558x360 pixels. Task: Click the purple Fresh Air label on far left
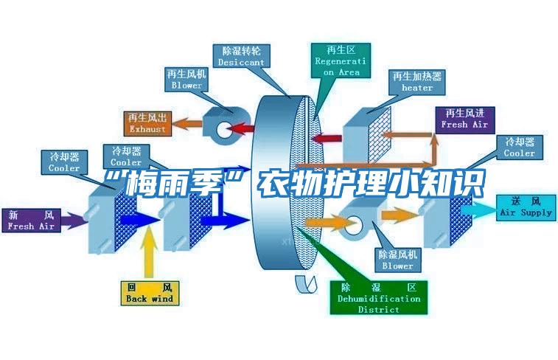31,220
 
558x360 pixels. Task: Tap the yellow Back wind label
149,292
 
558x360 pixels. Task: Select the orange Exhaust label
147,122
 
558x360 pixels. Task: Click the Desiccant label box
241,57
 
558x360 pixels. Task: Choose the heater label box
417,82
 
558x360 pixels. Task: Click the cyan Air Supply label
526,207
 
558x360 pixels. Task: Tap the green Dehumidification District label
379,297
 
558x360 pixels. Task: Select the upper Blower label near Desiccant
186,80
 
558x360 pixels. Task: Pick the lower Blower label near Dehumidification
397,259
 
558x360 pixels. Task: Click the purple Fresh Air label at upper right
464,119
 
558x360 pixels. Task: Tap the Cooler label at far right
519,148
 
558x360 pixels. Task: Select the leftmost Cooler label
64,162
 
